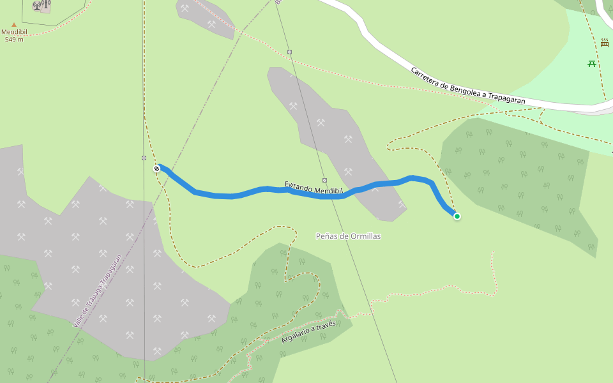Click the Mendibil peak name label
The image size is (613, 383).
[x=14, y=32]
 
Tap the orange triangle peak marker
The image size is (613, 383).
[x=14, y=25]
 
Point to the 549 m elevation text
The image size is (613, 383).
[x=14, y=40]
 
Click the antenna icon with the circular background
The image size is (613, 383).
[x=37, y=6]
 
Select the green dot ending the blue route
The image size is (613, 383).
[x=457, y=216]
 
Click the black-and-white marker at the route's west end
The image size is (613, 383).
[x=156, y=169]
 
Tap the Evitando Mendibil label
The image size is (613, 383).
[x=314, y=188]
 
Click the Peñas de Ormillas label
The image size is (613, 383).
[x=348, y=236]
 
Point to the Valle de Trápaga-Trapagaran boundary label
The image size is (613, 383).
[x=97, y=291]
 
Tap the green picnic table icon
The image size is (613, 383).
[x=592, y=63]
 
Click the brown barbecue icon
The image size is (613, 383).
[x=604, y=43]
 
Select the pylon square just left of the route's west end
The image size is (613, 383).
[x=144, y=158]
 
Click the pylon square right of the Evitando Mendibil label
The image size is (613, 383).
[x=324, y=180]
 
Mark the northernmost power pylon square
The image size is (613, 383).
[x=289, y=52]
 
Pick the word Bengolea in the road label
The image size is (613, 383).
[x=464, y=87]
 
